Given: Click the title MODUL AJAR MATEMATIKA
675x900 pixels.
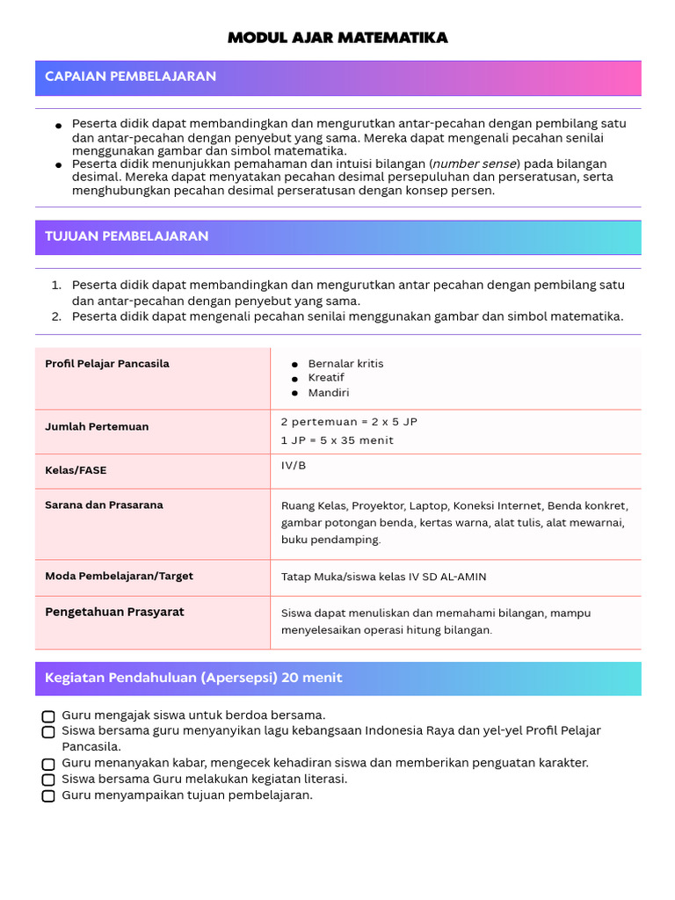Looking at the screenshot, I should pos(337,38).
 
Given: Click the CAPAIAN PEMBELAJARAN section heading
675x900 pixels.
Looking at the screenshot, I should pos(130,76).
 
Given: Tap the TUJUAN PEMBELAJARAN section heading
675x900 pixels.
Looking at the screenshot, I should pos(127,236).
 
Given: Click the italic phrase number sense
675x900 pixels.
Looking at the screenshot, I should pos(475,163).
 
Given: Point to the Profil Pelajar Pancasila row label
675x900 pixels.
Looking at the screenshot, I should pos(107,364).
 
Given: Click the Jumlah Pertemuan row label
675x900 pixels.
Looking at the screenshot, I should pos(97,426).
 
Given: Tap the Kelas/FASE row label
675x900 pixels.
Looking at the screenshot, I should pos(76,470).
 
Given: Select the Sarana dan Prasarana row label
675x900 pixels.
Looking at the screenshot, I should pos(104,505).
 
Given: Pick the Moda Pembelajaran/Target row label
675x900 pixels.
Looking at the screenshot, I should pos(119,577).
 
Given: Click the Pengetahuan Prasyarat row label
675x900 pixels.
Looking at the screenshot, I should pos(114,612).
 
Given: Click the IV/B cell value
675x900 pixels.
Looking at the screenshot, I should pos(294,465).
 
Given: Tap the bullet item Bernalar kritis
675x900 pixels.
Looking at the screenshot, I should pos(345,364).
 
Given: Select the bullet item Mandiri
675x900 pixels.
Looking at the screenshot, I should pos(328,393).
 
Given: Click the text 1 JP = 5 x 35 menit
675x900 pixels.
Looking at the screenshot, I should pos(337,440).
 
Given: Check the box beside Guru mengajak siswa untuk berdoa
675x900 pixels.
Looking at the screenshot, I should pos(48,715).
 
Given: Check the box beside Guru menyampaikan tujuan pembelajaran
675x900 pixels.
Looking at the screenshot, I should pos(48,795).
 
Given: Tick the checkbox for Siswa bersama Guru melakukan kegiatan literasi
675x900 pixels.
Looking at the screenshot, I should pos(48,780).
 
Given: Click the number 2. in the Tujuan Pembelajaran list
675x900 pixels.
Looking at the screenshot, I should pos(55,316).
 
